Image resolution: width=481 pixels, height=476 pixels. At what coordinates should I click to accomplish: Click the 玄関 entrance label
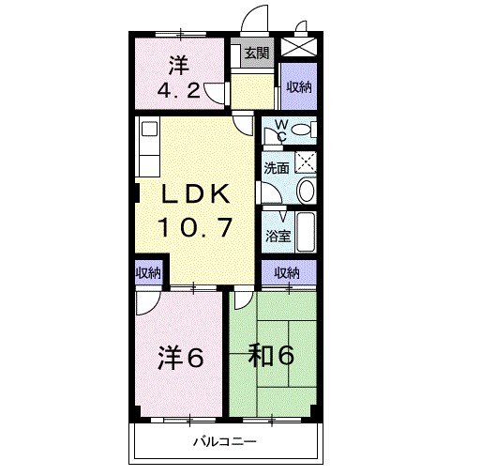coord(256,54)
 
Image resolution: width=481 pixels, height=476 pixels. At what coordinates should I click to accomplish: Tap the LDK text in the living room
coord(194,194)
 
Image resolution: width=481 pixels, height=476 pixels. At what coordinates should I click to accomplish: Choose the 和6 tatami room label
coord(272,356)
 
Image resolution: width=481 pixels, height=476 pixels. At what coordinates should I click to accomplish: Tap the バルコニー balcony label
coord(225,441)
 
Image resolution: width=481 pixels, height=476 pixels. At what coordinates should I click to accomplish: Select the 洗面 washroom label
coord(276,169)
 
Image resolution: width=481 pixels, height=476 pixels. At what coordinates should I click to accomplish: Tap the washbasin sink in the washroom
coord(306,192)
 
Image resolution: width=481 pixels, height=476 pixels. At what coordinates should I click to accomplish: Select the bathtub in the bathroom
coord(306,233)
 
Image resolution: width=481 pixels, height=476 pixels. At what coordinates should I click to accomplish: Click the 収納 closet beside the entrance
coord(299,87)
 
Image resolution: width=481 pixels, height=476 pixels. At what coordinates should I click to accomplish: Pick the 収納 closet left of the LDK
coord(147,273)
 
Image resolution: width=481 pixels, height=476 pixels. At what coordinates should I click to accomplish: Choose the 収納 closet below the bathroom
coord(287,272)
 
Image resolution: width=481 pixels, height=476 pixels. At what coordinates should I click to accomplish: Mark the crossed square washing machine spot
coord(305,161)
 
